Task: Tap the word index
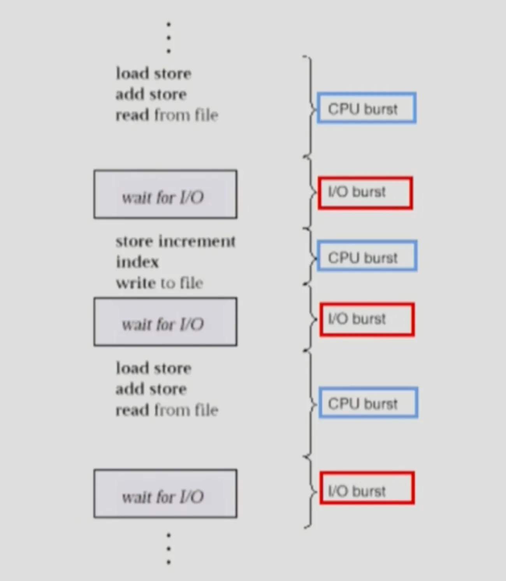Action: tap(137, 262)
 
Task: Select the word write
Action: tap(136, 283)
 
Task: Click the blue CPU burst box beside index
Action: tap(367, 256)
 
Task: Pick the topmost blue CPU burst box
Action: tap(367, 108)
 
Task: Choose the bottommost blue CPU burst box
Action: tap(368, 403)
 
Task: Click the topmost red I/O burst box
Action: tap(365, 193)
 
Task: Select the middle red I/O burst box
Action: tap(367, 319)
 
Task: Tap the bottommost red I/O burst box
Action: tap(367, 488)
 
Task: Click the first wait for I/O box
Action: tap(165, 194)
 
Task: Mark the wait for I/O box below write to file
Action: tap(165, 322)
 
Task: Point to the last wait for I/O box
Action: tap(165, 493)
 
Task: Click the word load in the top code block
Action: tap(132, 73)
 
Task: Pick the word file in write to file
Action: tap(192, 283)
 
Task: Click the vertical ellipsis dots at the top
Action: tap(169, 38)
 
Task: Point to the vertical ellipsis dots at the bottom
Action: tap(169, 549)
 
